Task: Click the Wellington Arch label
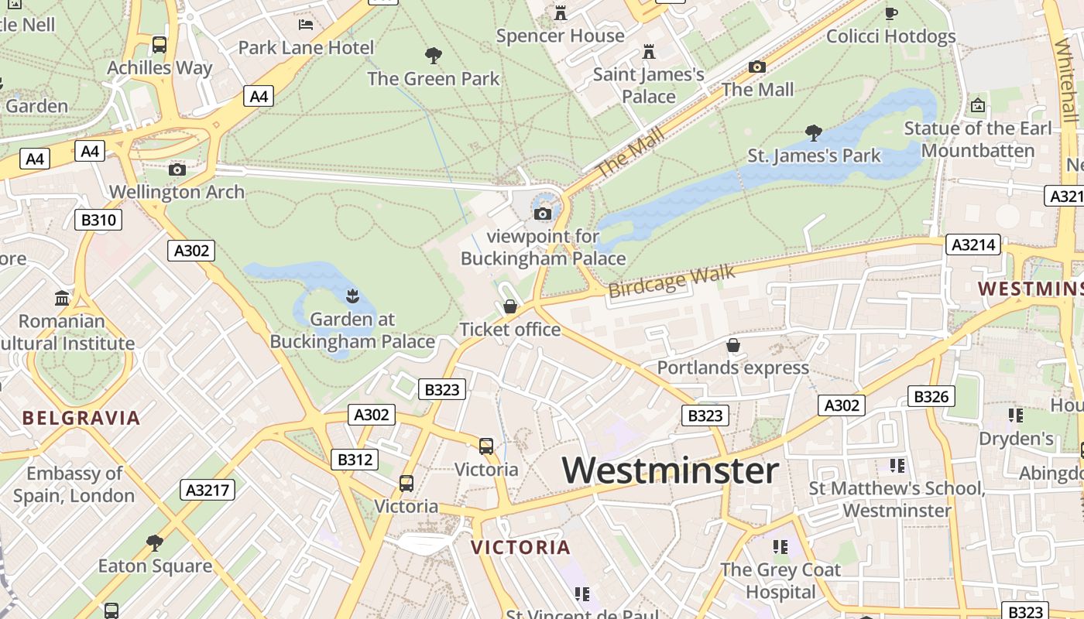pos(177,192)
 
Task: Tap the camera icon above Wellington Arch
pos(177,169)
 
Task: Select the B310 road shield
pos(98,220)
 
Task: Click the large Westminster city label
pos(670,470)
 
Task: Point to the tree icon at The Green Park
pos(434,55)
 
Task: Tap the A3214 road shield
pos(973,245)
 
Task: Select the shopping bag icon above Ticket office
pos(510,307)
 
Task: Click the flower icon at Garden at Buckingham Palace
pos(352,296)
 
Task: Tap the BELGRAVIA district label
pos(81,419)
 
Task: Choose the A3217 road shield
pos(208,490)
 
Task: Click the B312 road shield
pos(355,460)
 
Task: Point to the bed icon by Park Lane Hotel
pos(306,25)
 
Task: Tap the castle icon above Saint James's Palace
pos(649,52)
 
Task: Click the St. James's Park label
pos(814,156)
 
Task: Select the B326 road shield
pos(931,397)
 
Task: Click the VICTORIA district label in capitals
pos(520,548)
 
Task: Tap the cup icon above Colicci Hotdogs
pos(891,13)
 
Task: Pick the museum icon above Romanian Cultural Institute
pos(62,298)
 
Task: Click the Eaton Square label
pos(155,566)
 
